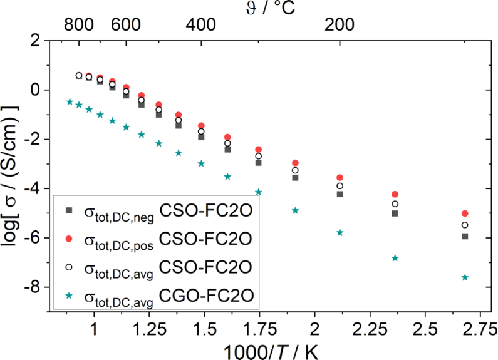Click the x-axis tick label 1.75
[x=260, y=328]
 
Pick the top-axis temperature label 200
[x=339, y=25]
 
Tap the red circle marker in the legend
[x=70, y=238]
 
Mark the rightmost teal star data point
[x=465, y=277]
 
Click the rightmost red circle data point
[x=465, y=213]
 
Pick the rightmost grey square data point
[x=465, y=236]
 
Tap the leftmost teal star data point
[x=70, y=101]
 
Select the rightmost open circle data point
[x=465, y=225]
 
